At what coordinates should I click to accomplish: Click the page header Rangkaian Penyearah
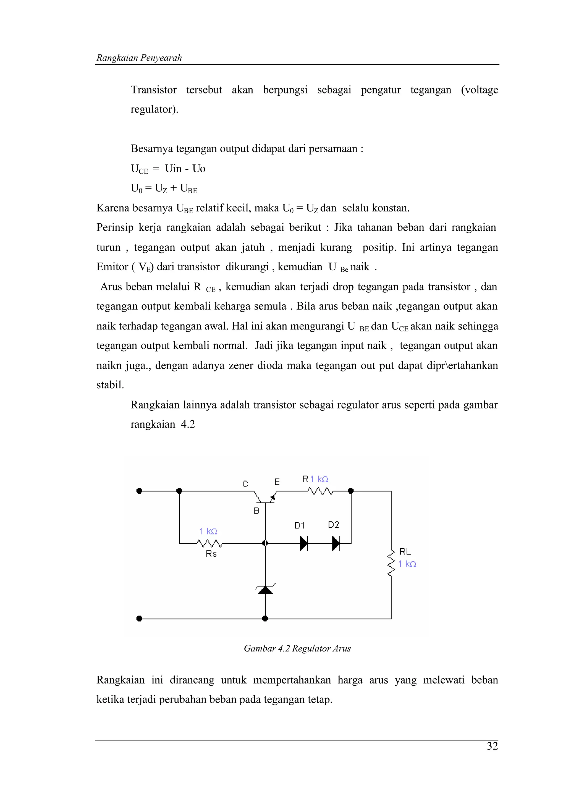(139, 58)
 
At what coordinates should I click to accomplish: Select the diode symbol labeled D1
(304, 543)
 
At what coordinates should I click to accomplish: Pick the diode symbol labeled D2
(336, 543)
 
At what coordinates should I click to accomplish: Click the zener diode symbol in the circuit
(265, 589)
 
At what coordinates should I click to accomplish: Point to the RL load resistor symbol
(391, 562)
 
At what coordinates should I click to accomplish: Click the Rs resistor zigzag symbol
(209, 543)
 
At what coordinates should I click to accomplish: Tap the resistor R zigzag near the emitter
(320, 491)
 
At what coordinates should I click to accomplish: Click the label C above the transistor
(245, 484)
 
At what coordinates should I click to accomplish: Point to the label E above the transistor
(277, 482)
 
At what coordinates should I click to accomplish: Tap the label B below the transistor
(256, 511)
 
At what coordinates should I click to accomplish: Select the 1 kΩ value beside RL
(407, 564)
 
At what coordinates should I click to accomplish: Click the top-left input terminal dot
(139, 491)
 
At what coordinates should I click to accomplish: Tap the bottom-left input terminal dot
(139, 619)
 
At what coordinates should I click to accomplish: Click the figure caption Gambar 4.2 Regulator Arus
(297, 648)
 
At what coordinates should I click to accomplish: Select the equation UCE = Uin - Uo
(168, 169)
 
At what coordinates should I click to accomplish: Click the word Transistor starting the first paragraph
(153, 90)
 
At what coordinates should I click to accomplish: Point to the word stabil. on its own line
(110, 385)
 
